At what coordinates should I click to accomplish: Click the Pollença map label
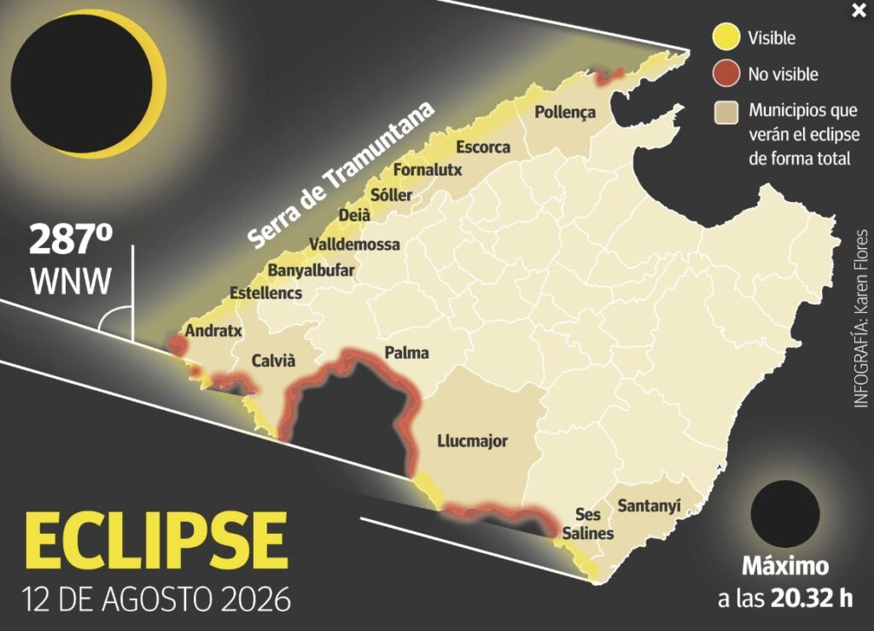pyautogui.click(x=564, y=113)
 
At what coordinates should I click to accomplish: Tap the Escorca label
pyautogui.click(x=483, y=148)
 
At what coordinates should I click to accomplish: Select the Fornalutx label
pyautogui.click(x=428, y=170)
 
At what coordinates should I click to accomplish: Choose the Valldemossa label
pyautogui.click(x=354, y=244)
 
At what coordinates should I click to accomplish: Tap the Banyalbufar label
pyautogui.click(x=311, y=271)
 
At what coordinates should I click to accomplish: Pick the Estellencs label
pyautogui.click(x=266, y=292)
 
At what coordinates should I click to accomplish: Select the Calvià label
pyautogui.click(x=273, y=361)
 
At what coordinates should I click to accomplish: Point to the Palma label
pyautogui.click(x=407, y=353)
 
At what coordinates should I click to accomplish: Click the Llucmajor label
pyautogui.click(x=472, y=441)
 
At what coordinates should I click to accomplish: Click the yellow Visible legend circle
pyautogui.click(x=725, y=38)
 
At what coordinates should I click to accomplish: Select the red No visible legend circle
pyautogui.click(x=725, y=74)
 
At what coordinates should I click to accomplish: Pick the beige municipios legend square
pyautogui.click(x=725, y=111)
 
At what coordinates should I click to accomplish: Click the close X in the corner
pyautogui.click(x=858, y=11)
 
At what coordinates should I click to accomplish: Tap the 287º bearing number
pyautogui.click(x=71, y=241)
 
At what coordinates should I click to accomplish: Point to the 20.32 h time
pyautogui.click(x=811, y=597)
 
